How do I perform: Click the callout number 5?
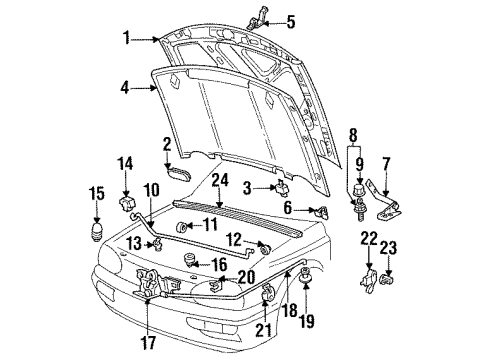pyautogui.click(x=291, y=22)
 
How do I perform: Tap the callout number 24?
pyautogui.click(x=220, y=180)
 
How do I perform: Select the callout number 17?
pyautogui.click(x=148, y=342)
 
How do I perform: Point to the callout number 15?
pyautogui.click(x=97, y=194)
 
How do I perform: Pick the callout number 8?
pyautogui.click(x=353, y=135)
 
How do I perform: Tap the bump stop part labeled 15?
pyautogui.click(x=97, y=231)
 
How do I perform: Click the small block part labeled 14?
pyautogui.click(x=127, y=204)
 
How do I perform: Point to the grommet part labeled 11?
pyautogui.click(x=181, y=227)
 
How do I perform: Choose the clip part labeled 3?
pyautogui.click(x=283, y=187)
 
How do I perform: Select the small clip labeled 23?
pyautogui.click(x=387, y=279)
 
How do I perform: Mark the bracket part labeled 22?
pyautogui.click(x=369, y=281)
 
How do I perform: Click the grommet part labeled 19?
pyautogui.click(x=305, y=275)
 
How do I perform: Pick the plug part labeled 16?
pyautogui.click(x=190, y=259)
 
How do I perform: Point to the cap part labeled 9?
pyautogui.click(x=359, y=189)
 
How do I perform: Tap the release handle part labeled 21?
pyautogui.click(x=268, y=292)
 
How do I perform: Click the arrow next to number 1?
pyautogui.click(x=145, y=40)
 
